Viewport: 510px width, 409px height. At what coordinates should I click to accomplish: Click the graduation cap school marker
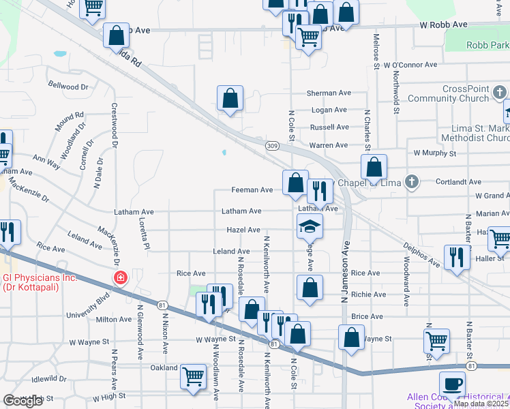pos(310,226)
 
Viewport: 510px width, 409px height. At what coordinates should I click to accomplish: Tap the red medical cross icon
pos(120,278)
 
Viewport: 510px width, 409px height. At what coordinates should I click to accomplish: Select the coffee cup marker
pos(452,384)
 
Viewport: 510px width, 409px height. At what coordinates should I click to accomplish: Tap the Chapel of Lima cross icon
pos(410,182)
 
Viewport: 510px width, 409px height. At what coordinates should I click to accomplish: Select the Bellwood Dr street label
pos(68,87)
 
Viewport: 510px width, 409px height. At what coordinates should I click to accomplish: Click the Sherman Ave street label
pos(328,93)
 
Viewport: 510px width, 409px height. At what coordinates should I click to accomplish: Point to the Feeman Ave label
pos(252,190)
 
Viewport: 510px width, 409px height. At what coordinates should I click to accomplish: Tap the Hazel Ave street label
pos(243,230)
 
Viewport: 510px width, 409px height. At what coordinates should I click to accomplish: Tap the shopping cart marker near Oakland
pos(194,375)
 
